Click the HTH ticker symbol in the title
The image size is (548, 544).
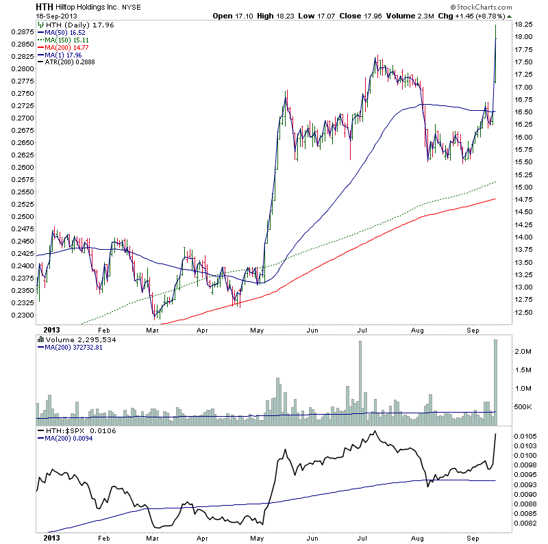click(x=45, y=7)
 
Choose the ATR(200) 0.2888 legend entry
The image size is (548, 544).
click(x=71, y=62)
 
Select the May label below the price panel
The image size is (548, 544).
click(x=257, y=329)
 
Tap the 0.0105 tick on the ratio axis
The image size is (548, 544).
click(x=525, y=436)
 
